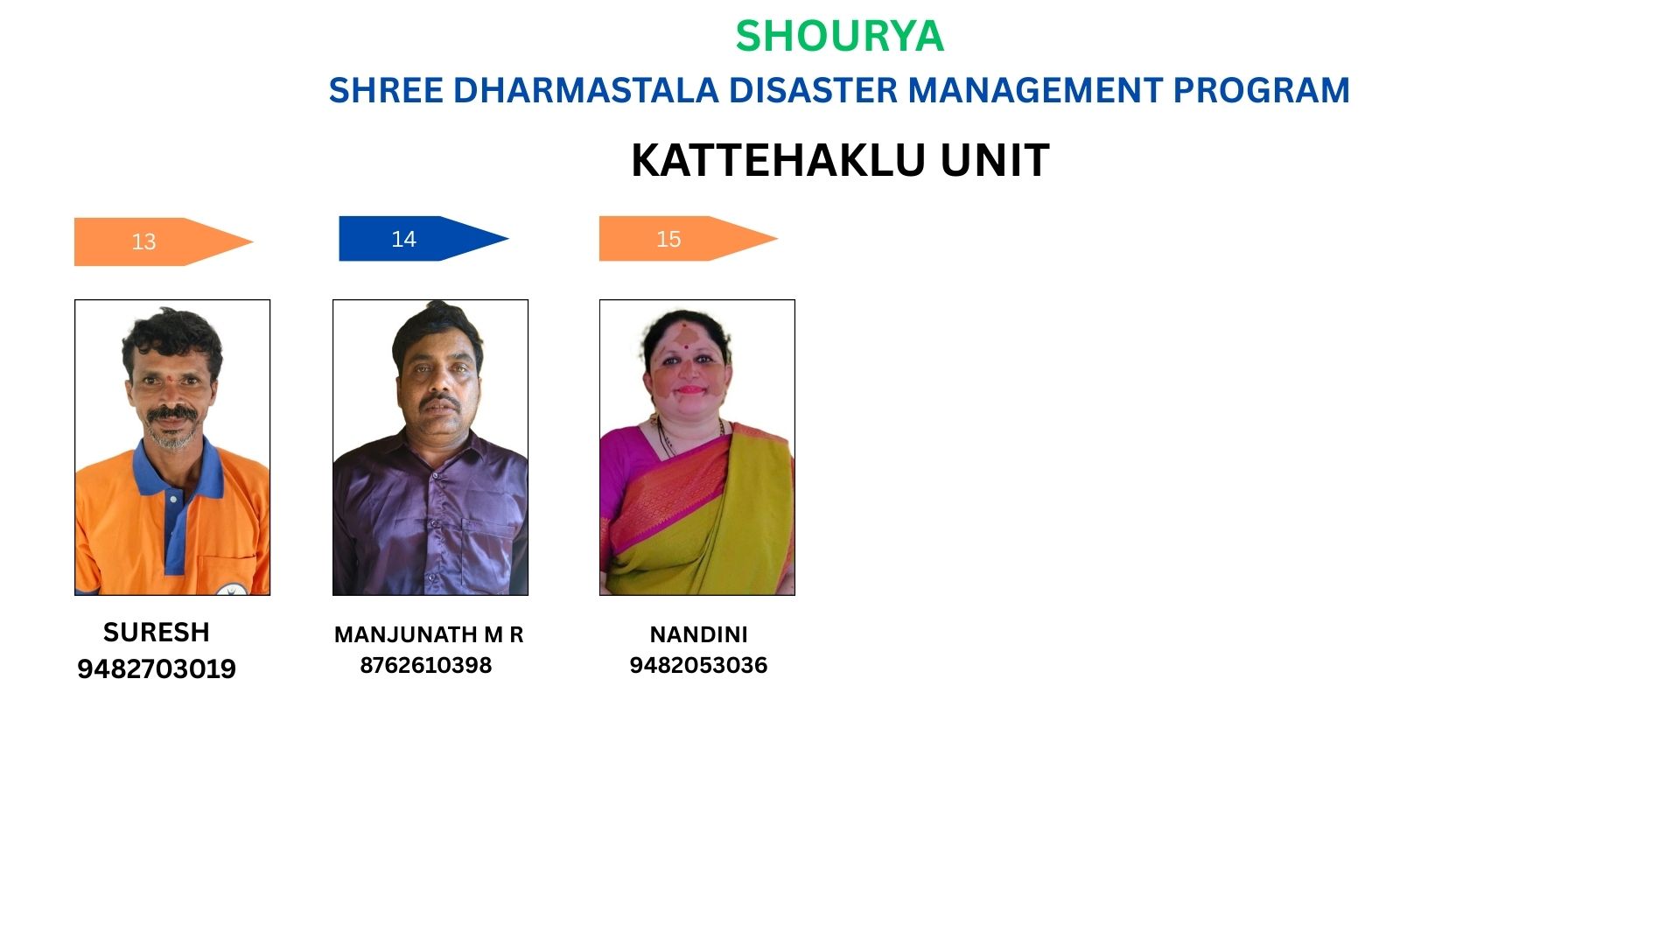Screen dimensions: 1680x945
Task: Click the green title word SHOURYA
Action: click(x=839, y=37)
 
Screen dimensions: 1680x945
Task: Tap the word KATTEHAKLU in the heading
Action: click(x=779, y=160)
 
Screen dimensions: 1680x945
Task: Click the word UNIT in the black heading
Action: click(x=995, y=160)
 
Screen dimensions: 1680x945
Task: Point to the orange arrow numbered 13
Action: click(x=164, y=241)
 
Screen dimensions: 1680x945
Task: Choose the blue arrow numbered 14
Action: click(x=423, y=238)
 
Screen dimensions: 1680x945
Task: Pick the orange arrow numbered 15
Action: click(x=689, y=238)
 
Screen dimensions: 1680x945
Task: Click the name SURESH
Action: click(x=157, y=632)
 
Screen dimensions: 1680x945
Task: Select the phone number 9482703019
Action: click(x=157, y=668)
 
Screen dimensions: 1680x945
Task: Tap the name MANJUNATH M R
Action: click(x=429, y=634)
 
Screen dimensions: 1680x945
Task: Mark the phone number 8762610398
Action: click(x=426, y=665)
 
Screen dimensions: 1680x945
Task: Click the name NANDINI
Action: click(x=698, y=634)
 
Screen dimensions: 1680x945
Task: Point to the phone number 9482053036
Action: click(x=698, y=665)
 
